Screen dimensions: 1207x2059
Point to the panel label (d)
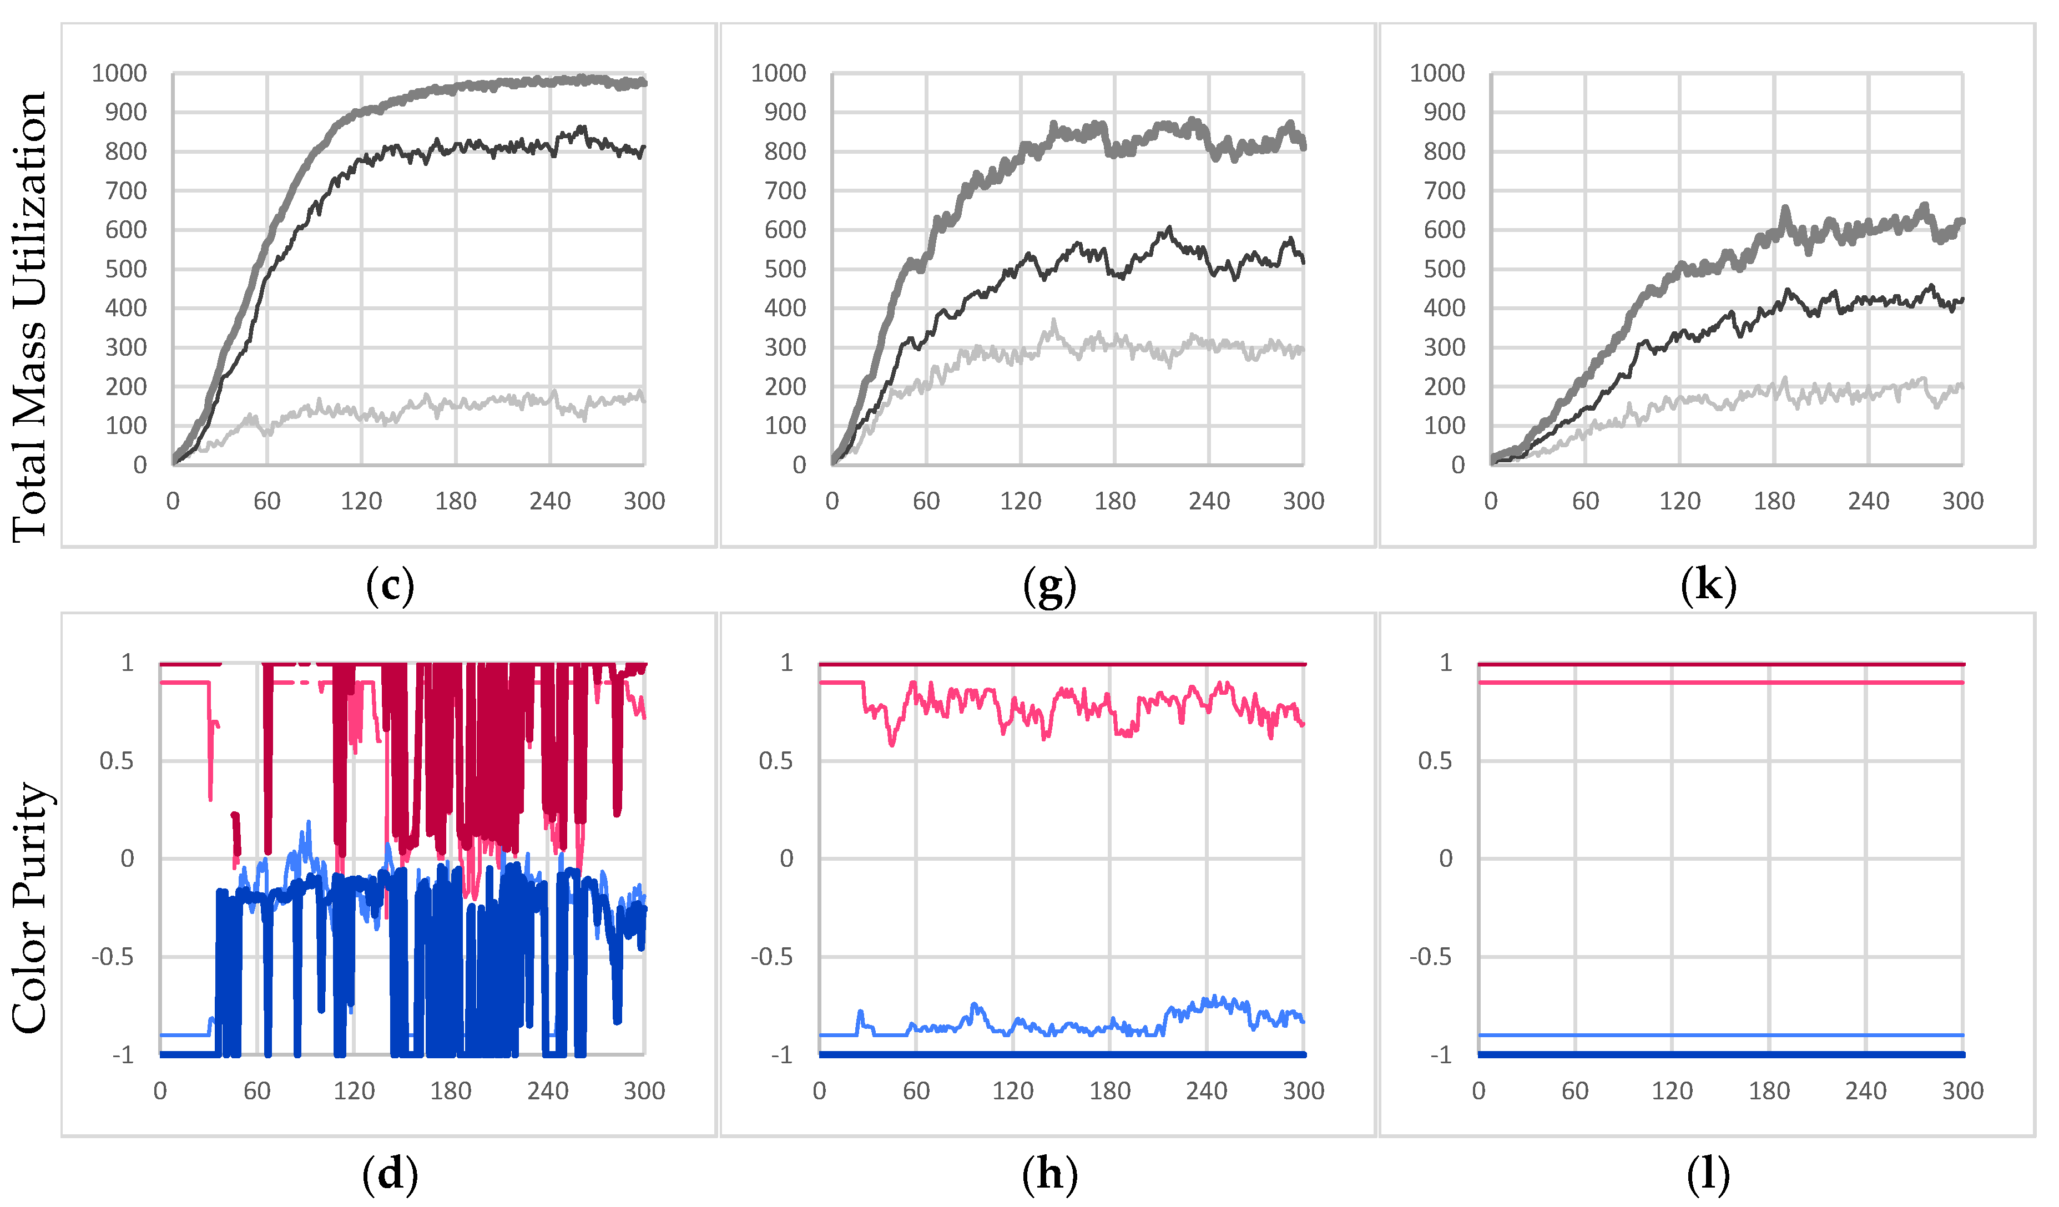click(x=390, y=1174)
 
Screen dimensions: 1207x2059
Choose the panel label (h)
click(x=1049, y=1174)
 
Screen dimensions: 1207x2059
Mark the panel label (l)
click(x=1708, y=1174)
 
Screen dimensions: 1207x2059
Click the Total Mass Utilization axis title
click(x=30, y=317)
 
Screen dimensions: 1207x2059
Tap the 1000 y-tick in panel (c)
click(x=119, y=74)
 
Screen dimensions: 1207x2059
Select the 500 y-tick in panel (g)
click(x=784, y=269)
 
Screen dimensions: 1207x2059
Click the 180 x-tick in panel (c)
click(x=455, y=501)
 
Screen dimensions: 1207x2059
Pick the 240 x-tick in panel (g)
click(x=1208, y=501)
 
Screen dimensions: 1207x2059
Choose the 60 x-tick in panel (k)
click(x=1585, y=501)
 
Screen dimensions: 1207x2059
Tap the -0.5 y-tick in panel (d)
click(x=112, y=957)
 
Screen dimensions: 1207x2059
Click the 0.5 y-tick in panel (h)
click(x=775, y=761)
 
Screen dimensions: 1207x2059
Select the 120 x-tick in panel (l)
click(x=1672, y=1091)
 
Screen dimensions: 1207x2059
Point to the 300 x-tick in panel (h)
click(x=1303, y=1091)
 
